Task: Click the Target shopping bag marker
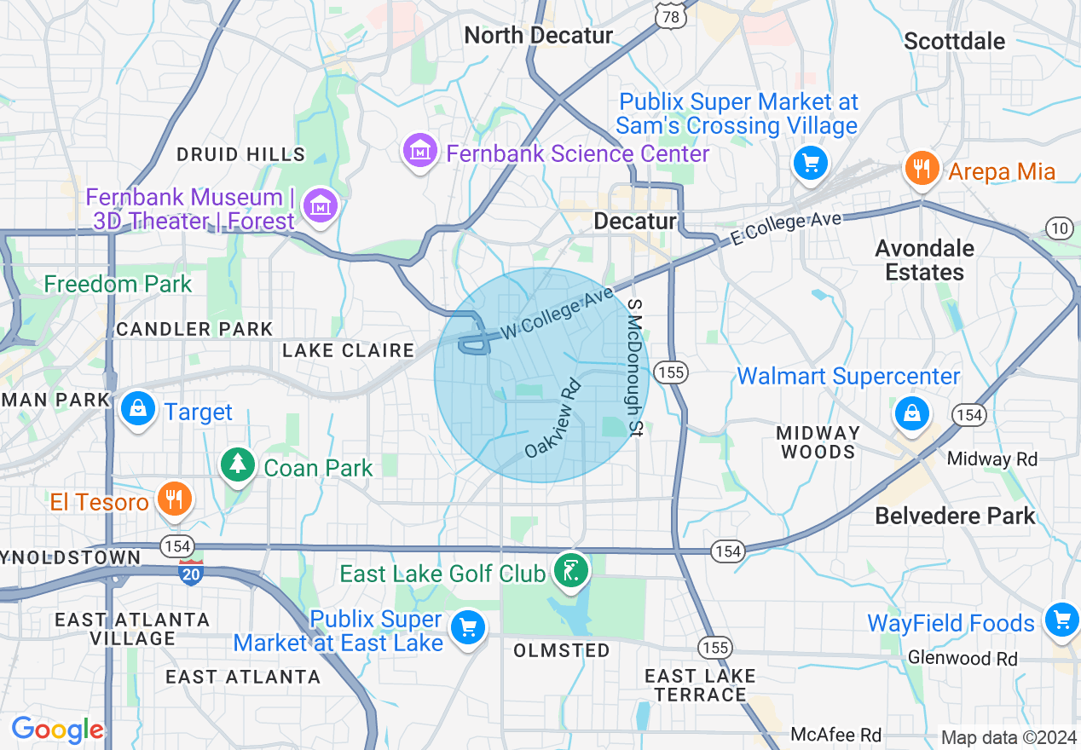[x=137, y=409]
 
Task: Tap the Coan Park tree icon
[x=238, y=465]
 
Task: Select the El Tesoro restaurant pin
[x=175, y=499]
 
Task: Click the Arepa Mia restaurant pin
[x=922, y=168]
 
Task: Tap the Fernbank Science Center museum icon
[x=419, y=152]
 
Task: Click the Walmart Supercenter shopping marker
[x=911, y=414]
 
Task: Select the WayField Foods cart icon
[x=1061, y=620]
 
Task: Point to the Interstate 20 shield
[x=191, y=571]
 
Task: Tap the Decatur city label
[x=634, y=222]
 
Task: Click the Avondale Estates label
[x=925, y=260]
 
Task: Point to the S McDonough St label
[x=633, y=368]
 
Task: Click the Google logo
[x=57, y=730]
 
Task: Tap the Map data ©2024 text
[x=1009, y=737]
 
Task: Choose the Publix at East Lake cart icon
[x=467, y=629]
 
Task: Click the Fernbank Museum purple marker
[x=321, y=205]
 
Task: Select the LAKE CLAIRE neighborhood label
[x=348, y=350]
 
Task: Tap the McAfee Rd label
[x=835, y=734]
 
